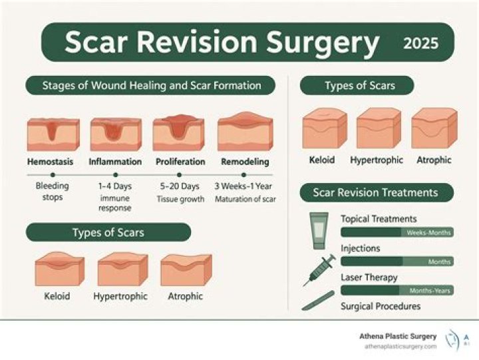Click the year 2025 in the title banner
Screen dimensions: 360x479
[420, 43]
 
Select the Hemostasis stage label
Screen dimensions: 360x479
[50, 162]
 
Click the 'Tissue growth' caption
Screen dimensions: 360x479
[180, 199]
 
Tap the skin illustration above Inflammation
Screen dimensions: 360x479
[115, 134]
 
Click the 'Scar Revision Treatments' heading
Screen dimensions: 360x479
[376, 193]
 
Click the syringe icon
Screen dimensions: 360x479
[318, 270]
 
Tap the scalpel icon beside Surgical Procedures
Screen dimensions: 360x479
[318, 301]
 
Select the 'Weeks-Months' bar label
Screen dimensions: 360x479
[428, 232]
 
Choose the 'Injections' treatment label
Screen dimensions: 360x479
[361, 248]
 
